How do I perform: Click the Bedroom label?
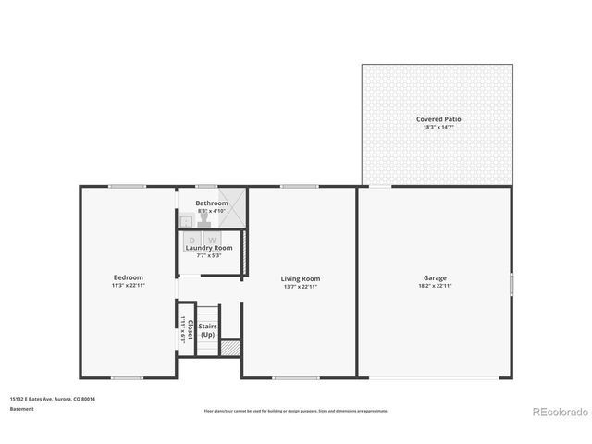tap(129, 277)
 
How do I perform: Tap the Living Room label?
tap(301, 277)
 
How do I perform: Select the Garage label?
tap(436, 277)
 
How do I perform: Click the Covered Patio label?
tap(437, 119)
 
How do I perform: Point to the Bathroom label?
tap(211, 203)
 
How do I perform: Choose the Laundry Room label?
tap(209, 248)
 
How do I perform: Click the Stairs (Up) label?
tap(207, 330)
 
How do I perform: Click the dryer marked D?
tap(192, 240)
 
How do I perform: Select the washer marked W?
tap(212, 240)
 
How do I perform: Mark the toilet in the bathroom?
tap(204, 219)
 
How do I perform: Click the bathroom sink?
tap(186, 219)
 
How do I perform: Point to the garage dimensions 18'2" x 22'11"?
tap(436, 286)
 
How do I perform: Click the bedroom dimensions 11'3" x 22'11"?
tap(129, 286)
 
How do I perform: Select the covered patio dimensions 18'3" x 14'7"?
tap(437, 127)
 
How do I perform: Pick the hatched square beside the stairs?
tap(231, 348)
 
